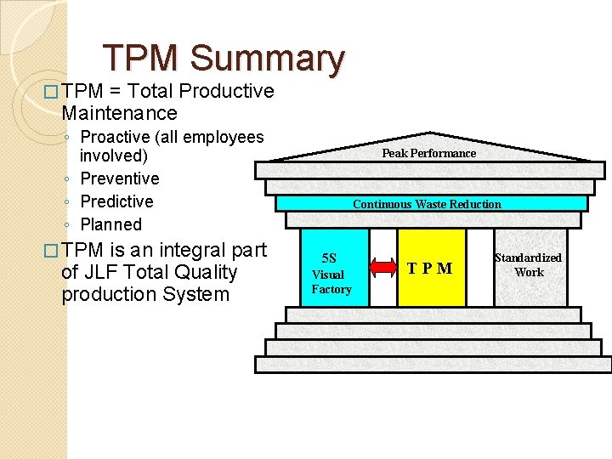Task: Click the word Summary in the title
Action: tap(268, 59)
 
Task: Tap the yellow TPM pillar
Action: tap(431, 269)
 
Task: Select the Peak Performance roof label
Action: tap(428, 153)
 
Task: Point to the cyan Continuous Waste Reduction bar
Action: tap(427, 204)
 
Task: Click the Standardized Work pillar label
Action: tap(528, 264)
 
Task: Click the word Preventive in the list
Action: tap(119, 178)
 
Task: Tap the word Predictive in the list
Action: tap(116, 201)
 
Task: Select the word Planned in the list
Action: tap(110, 224)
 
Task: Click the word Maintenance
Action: tap(119, 113)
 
